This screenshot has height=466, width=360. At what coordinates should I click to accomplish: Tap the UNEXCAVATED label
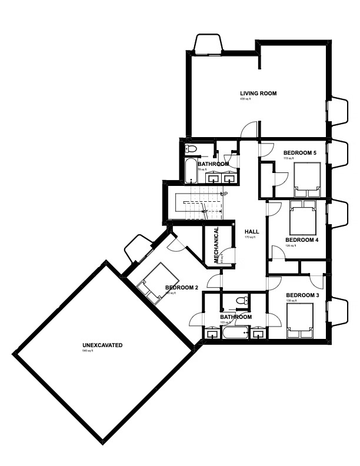pos(102,345)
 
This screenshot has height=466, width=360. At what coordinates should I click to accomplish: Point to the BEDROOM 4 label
pos(302,240)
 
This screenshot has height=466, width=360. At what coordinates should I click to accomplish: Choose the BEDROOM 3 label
pos(303,295)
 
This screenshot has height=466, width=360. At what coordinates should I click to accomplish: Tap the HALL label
pos(252,231)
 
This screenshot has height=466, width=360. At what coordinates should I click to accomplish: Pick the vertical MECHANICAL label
pos(216,245)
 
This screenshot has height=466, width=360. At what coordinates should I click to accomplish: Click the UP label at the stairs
pos(224,194)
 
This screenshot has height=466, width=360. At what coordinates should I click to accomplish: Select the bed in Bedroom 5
pos(307,179)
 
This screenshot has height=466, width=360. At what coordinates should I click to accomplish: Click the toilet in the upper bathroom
pos(191,148)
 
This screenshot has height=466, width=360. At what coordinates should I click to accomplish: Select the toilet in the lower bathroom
pos(242,301)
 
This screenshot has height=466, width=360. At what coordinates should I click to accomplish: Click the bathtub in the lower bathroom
pos(236,334)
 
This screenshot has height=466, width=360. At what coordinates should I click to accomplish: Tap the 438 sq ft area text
pos(245,99)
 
